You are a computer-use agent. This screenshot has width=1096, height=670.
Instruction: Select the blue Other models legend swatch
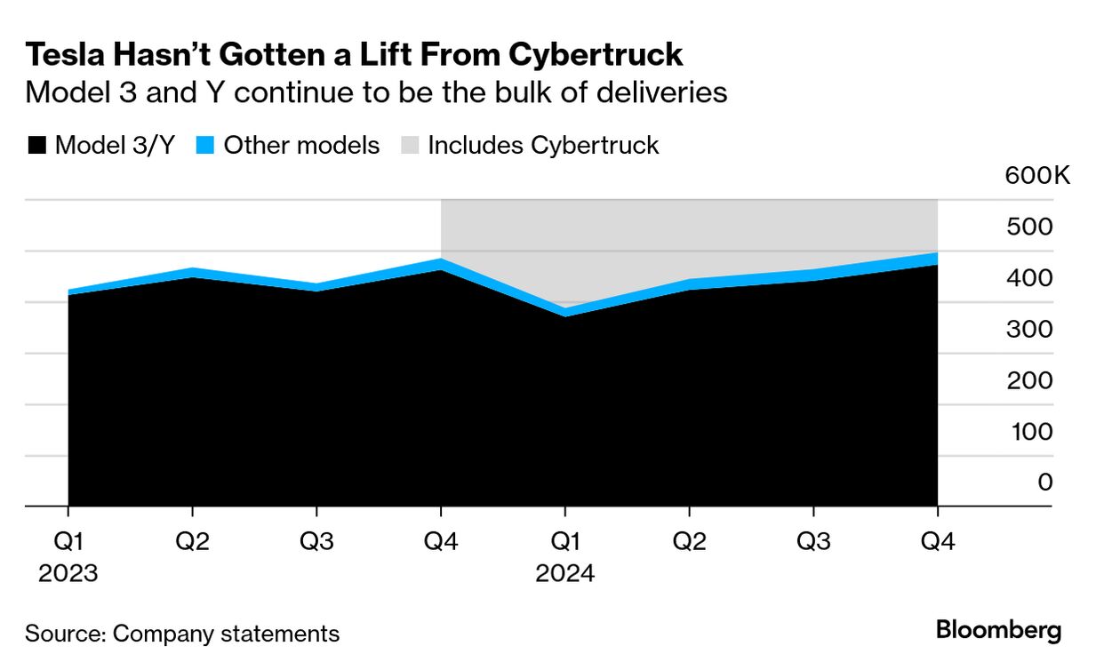tap(204, 146)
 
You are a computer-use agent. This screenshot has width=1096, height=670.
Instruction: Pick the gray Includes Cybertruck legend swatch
tap(409, 146)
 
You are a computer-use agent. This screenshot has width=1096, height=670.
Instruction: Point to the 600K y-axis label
tap(1037, 175)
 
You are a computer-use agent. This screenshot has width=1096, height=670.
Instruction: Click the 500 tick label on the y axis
tap(1030, 227)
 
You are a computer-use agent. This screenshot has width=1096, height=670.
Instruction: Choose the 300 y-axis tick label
tap(1030, 329)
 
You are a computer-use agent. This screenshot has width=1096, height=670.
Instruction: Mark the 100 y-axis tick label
tap(1030, 431)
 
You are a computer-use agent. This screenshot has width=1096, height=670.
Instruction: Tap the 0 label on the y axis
tap(1045, 483)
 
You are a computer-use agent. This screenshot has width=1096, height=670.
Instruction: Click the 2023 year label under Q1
tap(68, 573)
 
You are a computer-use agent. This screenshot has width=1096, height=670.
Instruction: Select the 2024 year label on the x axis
tap(564, 573)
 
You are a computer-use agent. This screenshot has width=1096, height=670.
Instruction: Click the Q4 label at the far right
tap(937, 541)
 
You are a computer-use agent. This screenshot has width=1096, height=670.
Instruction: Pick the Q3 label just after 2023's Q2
tap(316, 541)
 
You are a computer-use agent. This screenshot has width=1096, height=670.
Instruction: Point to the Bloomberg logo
tap(998, 631)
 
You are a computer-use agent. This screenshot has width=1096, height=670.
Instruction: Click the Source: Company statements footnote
tap(182, 634)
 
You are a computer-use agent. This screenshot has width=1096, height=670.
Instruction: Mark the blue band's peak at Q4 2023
tap(441, 264)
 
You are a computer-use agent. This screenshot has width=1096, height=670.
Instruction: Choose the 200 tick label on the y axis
tap(1030, 380)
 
